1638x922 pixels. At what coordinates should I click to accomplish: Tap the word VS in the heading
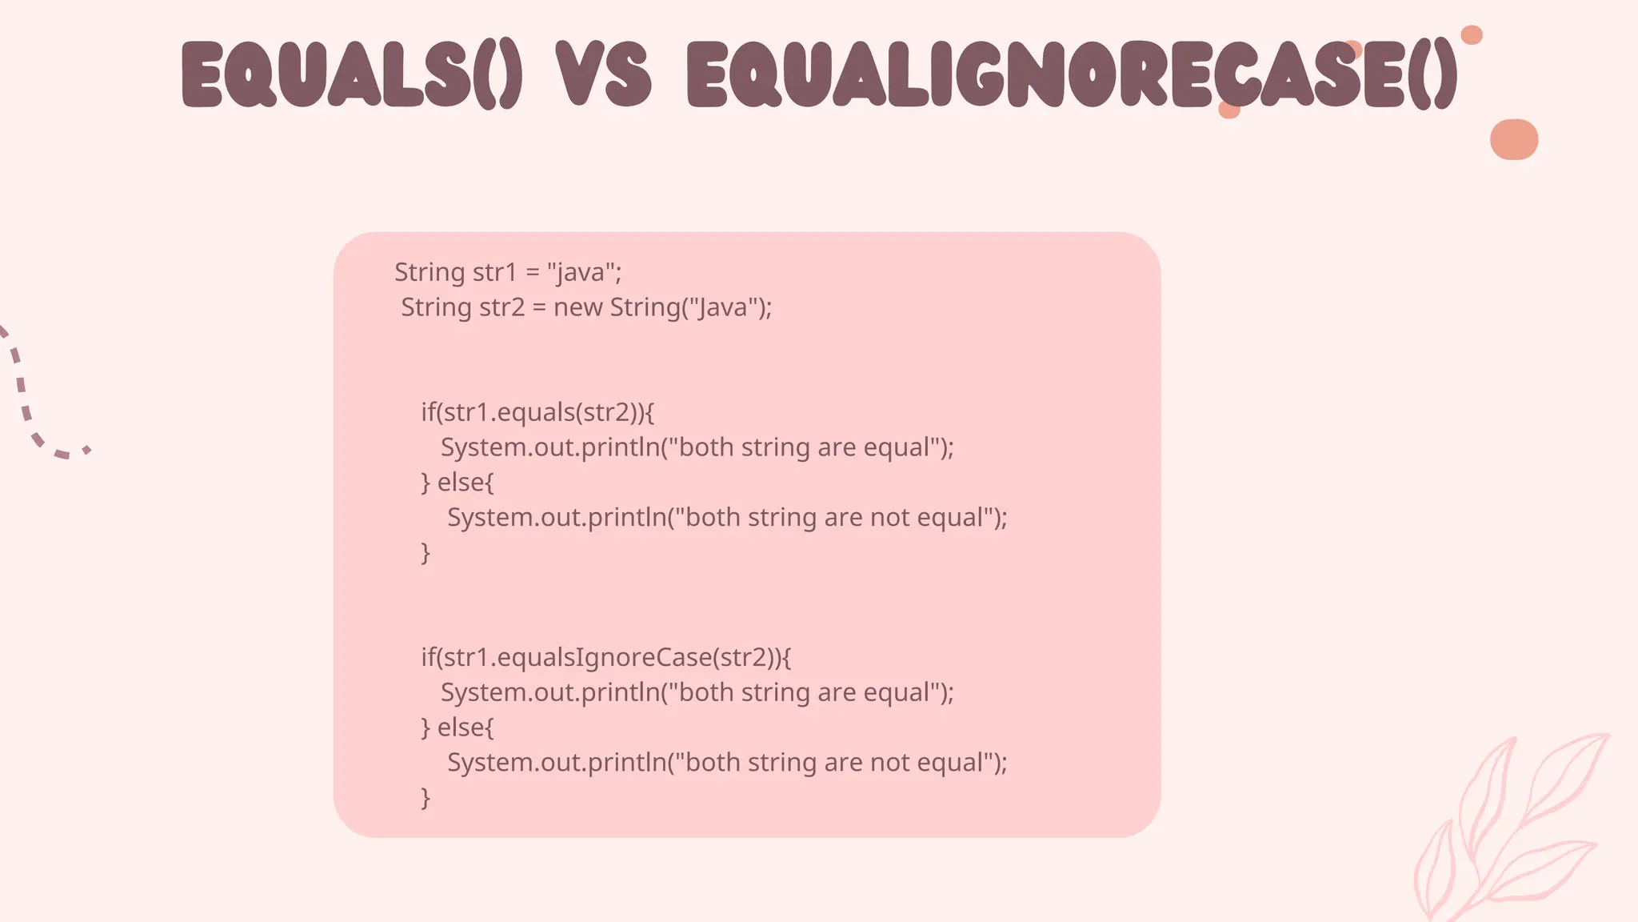(605, 74)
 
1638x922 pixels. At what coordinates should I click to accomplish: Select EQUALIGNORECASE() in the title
(1072, 74)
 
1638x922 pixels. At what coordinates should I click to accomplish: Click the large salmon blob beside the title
(1513, 139)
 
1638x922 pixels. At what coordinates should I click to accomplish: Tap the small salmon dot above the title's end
(1472, 35)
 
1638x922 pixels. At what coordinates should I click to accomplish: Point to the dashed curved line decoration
(32, 400)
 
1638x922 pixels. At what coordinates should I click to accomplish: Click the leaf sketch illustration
(1504, 832)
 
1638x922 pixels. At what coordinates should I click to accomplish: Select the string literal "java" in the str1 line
(581, 273)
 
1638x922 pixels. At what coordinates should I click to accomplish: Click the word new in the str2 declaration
(577, 307)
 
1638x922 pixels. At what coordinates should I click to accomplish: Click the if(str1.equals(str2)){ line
(537, 412)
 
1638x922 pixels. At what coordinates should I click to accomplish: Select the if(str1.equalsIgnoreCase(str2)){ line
(605, 657)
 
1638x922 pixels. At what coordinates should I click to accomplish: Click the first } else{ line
(457, 483)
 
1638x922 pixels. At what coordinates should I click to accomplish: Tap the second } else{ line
(457, 728)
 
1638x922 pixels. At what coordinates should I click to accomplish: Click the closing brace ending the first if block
(425, 553)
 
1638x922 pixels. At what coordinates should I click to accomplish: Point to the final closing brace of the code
(425, 798)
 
